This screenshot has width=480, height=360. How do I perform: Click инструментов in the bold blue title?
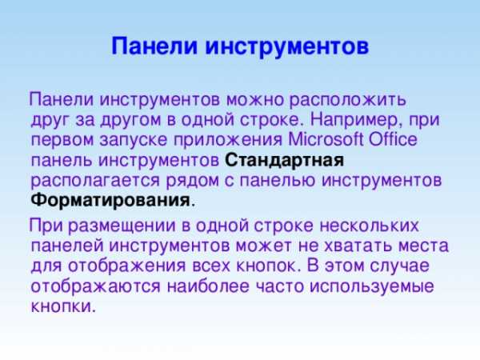[x=287, y=47]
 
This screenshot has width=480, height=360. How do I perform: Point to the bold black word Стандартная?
[x=284, y=161]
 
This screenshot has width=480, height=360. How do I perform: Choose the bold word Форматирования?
[x=110, y=201]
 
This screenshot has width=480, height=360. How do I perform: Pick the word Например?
[x=356, y=120]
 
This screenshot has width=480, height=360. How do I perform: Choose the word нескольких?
[x=369, y=226]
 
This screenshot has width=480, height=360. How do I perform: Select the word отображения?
[x=126, y=266]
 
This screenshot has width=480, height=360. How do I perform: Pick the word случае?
[x=399, y=266]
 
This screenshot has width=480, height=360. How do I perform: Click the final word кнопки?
[x=64, y=306]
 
